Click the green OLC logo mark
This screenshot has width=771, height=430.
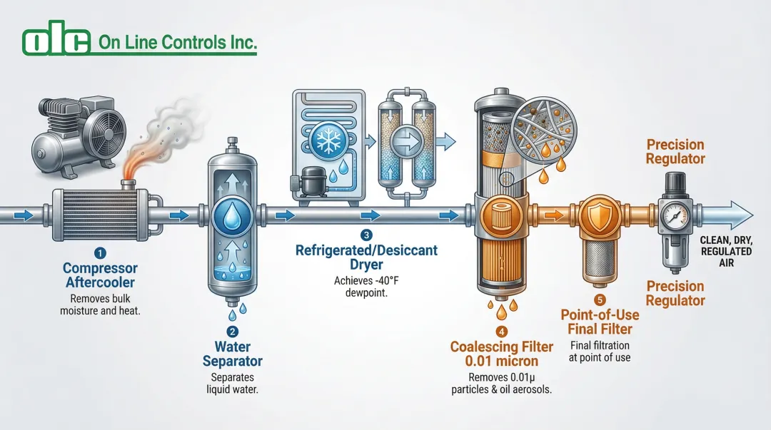56,42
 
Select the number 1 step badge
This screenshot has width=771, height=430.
100,252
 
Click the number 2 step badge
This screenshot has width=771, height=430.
232,332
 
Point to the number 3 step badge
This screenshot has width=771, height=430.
366,235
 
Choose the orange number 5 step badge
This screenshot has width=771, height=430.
600,300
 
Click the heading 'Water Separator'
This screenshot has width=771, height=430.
232,354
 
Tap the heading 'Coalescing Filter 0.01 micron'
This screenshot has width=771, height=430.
501,354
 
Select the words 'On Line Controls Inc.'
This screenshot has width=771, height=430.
176,43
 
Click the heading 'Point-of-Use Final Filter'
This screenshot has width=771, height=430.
600,322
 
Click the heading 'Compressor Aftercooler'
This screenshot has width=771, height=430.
100,275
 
